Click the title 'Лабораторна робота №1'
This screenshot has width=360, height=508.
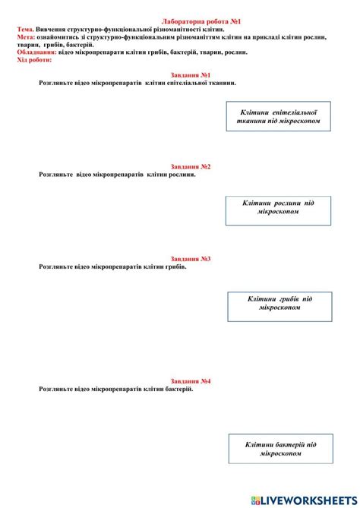click(201, 23)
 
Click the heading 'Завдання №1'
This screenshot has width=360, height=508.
click(191, 75)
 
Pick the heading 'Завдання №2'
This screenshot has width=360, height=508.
click(191, 166)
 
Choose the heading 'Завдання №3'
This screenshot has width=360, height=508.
click(191, 258)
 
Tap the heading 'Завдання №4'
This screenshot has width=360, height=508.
click(191, 380)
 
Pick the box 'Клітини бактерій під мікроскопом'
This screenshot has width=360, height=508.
click(280, 449)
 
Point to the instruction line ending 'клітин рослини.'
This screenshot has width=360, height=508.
click(117, 175)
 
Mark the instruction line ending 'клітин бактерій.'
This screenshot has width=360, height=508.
click(115, 389)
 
